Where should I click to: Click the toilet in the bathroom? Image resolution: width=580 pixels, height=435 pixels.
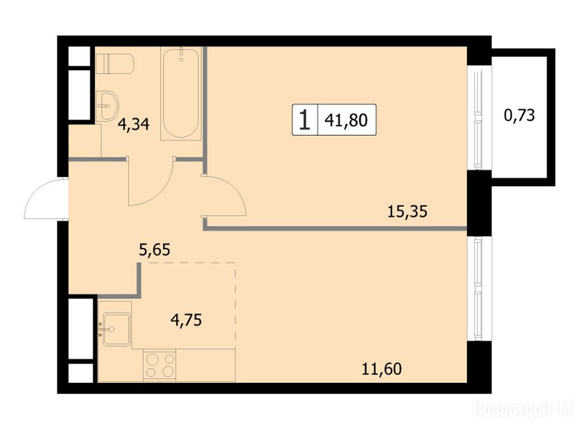[x=114, y=63]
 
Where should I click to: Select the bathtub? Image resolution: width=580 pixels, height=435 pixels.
[x=181, y=93]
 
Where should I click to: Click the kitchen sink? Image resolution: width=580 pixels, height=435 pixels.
[x=117, y=329]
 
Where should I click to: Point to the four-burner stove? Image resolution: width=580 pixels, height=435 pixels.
[x=159, y=365]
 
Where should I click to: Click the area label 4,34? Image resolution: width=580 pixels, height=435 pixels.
[x=134, y=124]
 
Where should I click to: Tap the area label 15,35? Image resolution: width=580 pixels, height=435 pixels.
[x=407, y=212]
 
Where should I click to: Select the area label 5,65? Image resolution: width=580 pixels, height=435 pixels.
[x=154, y=250]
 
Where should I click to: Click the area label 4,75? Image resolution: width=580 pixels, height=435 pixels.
[x=186, y=319]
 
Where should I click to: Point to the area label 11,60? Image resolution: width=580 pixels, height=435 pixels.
[x=381, y=369]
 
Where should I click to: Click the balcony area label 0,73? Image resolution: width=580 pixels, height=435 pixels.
[x=519, y=116]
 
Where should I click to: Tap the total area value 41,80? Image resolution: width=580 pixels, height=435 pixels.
[x=346, y=120]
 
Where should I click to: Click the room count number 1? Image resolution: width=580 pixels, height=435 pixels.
[x=305, y=120]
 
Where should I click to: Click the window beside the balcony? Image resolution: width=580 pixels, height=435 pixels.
[x=479, y=118]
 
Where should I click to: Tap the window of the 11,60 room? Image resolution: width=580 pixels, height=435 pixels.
[x=479, y=288]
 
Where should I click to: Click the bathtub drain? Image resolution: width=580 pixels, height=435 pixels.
[x=181, y=58]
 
